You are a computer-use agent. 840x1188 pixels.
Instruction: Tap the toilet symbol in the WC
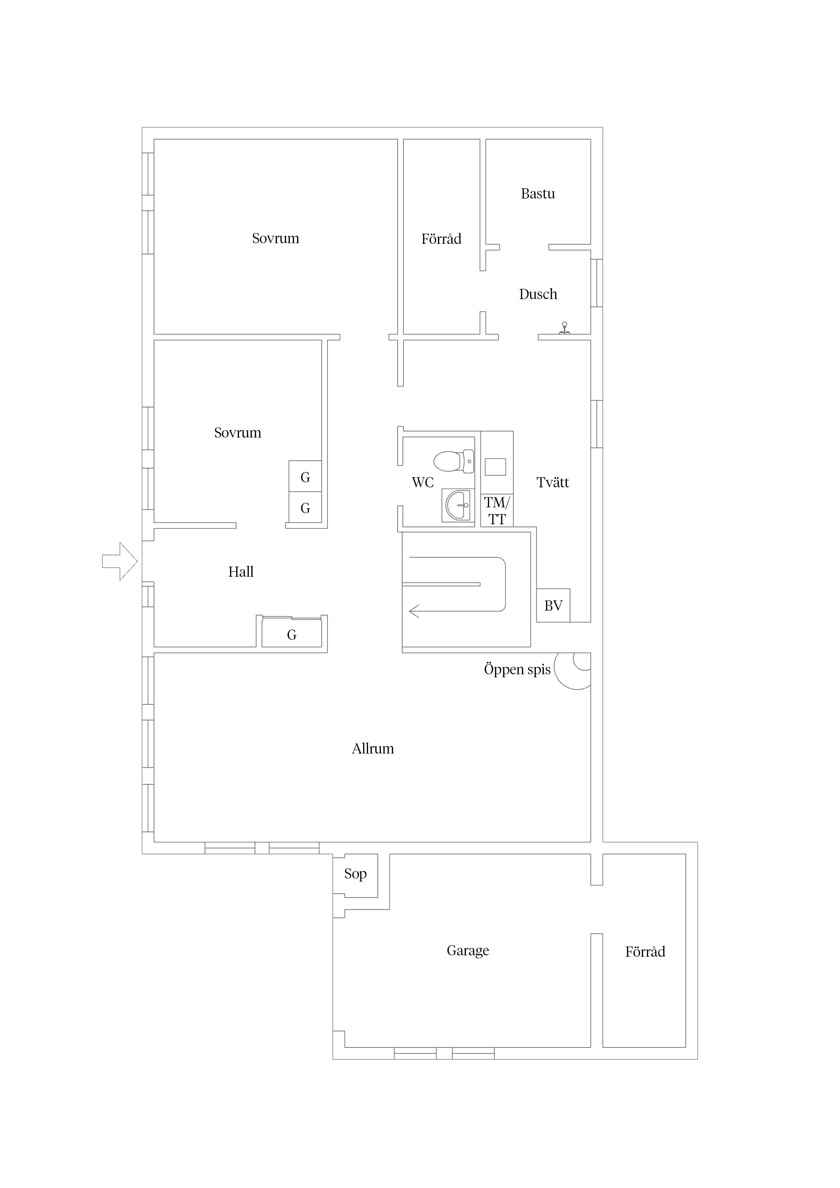454,461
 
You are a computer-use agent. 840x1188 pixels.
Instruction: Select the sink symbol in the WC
458,505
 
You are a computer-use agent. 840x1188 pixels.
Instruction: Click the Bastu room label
538,193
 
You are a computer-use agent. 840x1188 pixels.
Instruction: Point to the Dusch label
538,294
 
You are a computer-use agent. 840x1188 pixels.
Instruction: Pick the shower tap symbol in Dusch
564,328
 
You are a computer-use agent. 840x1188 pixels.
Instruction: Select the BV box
553,606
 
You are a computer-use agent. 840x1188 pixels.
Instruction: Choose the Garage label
468,951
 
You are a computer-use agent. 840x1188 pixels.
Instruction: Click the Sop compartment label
356,874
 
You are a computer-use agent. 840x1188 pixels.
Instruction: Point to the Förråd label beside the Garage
645,952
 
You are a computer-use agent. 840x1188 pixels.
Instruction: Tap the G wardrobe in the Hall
292,632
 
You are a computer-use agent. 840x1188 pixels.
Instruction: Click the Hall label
241,572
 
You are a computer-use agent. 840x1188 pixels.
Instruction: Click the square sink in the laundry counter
495,467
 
